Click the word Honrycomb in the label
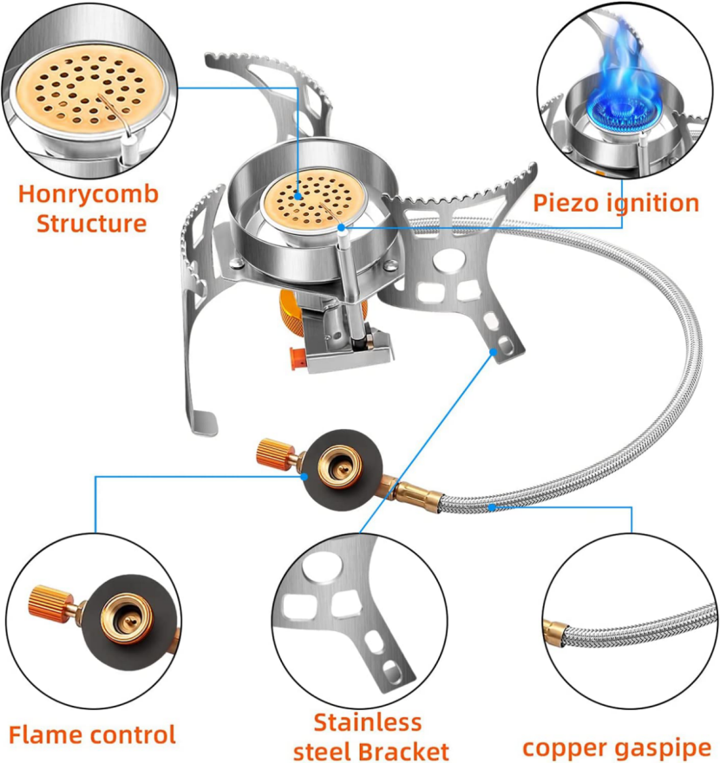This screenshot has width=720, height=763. (x=88, y=193)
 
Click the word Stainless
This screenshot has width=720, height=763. (x=368, y=722)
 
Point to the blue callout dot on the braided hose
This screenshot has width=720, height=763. (x=491, y=507)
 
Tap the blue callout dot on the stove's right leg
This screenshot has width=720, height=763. (x=494, y=350)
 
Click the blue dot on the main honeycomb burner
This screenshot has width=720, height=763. (x=298, y=196)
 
